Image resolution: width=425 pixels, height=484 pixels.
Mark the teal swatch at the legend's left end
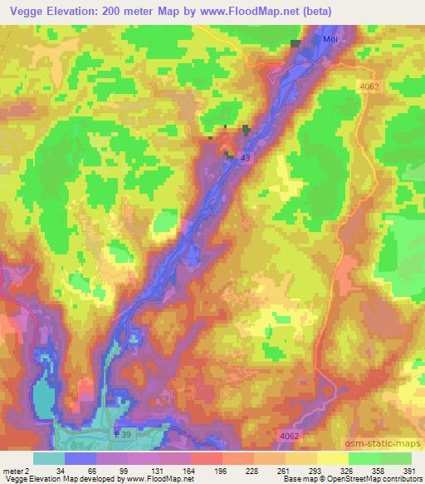point(49,457)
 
